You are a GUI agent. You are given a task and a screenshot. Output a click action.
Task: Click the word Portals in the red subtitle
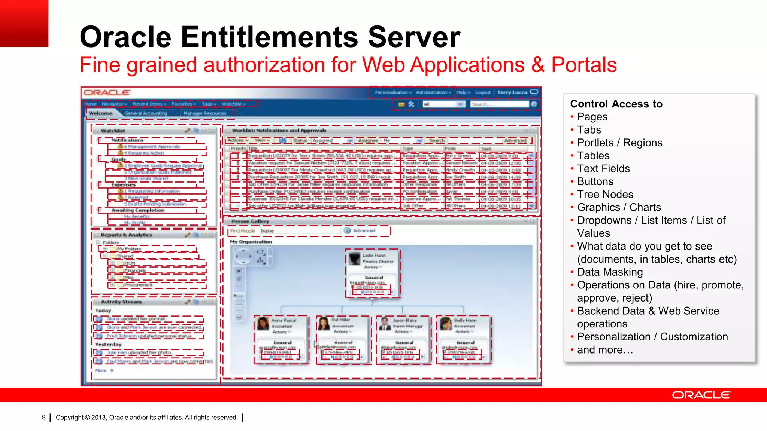[x=583, y=65]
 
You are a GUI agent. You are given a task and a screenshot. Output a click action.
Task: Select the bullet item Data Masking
[x=610, y=272]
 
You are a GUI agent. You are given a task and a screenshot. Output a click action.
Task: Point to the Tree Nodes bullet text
[x=605, y=195]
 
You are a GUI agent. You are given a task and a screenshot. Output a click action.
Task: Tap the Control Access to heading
[x=616, y=104]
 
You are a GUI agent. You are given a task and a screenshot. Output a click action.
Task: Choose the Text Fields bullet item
[x=603, y=169]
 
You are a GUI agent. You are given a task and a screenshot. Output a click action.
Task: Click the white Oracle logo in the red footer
[x=701, y=395]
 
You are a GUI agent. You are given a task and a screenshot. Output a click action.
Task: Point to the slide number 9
[x=44, y=417]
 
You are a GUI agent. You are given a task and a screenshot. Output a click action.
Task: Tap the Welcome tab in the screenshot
[x=101, y=113]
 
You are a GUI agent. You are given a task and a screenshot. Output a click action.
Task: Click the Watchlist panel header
[x=113, y=131]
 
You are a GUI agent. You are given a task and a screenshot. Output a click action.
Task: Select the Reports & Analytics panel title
[x=127, y=235]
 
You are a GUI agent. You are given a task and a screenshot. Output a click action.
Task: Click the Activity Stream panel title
[x=121, y=302]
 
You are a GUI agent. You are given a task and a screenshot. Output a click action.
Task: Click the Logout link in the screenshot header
[x=483, y=92]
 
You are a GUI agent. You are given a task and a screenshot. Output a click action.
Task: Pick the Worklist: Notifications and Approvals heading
[x=279, y=131]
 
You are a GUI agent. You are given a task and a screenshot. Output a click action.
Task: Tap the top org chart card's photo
[x=354, y=259]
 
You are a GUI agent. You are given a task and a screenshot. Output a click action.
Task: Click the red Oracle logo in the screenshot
[x=107, y=92]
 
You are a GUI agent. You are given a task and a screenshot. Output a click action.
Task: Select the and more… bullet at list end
[x=605, y=350]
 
